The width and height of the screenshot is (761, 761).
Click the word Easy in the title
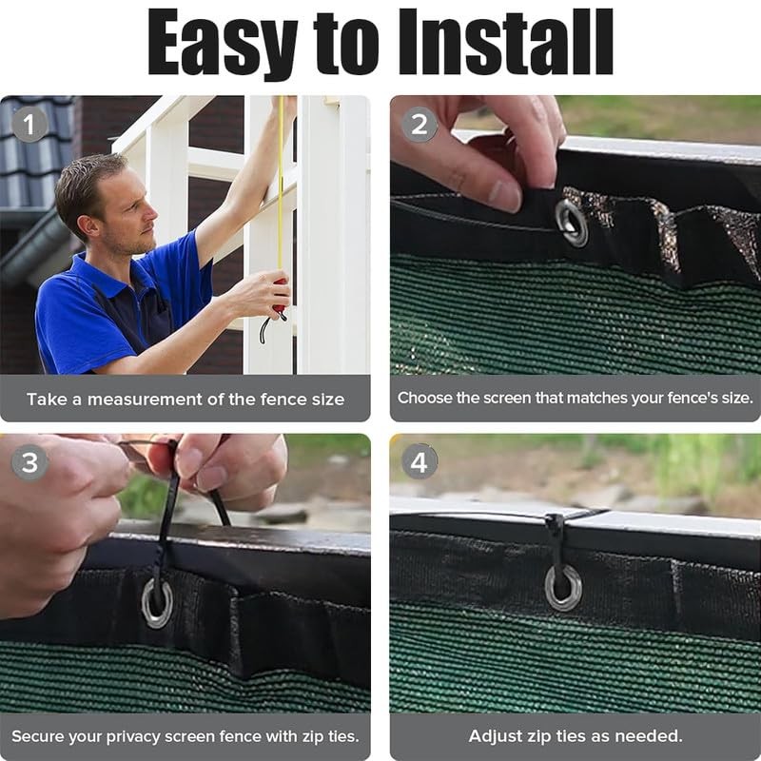(x=223, y=43)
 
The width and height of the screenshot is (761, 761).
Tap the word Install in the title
(x=506, y=41)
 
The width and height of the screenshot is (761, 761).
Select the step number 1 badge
(x=29, y=125)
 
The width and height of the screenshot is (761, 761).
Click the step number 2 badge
(x=420, y=125)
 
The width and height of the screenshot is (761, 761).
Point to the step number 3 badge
(x=29, y=462)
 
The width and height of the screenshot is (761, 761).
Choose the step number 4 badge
(x=420, y=461)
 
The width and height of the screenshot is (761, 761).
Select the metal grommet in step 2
(x=572, y=223)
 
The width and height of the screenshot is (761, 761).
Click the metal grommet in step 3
(x=157, y=603)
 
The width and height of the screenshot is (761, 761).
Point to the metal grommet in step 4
(x=563, y=588)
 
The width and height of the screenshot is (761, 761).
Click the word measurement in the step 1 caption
(x=145, y=400)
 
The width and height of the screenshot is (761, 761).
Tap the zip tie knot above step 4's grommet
(x=555, y=523)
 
